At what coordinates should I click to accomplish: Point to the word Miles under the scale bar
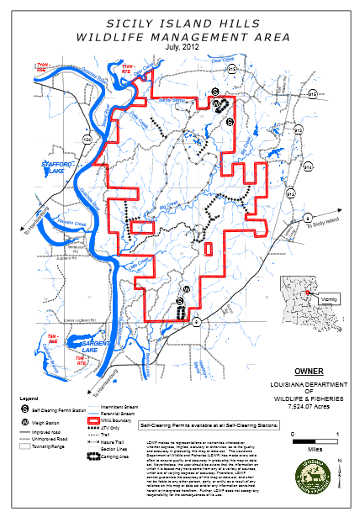click(314, 447)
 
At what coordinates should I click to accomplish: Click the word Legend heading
click(29, 396)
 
